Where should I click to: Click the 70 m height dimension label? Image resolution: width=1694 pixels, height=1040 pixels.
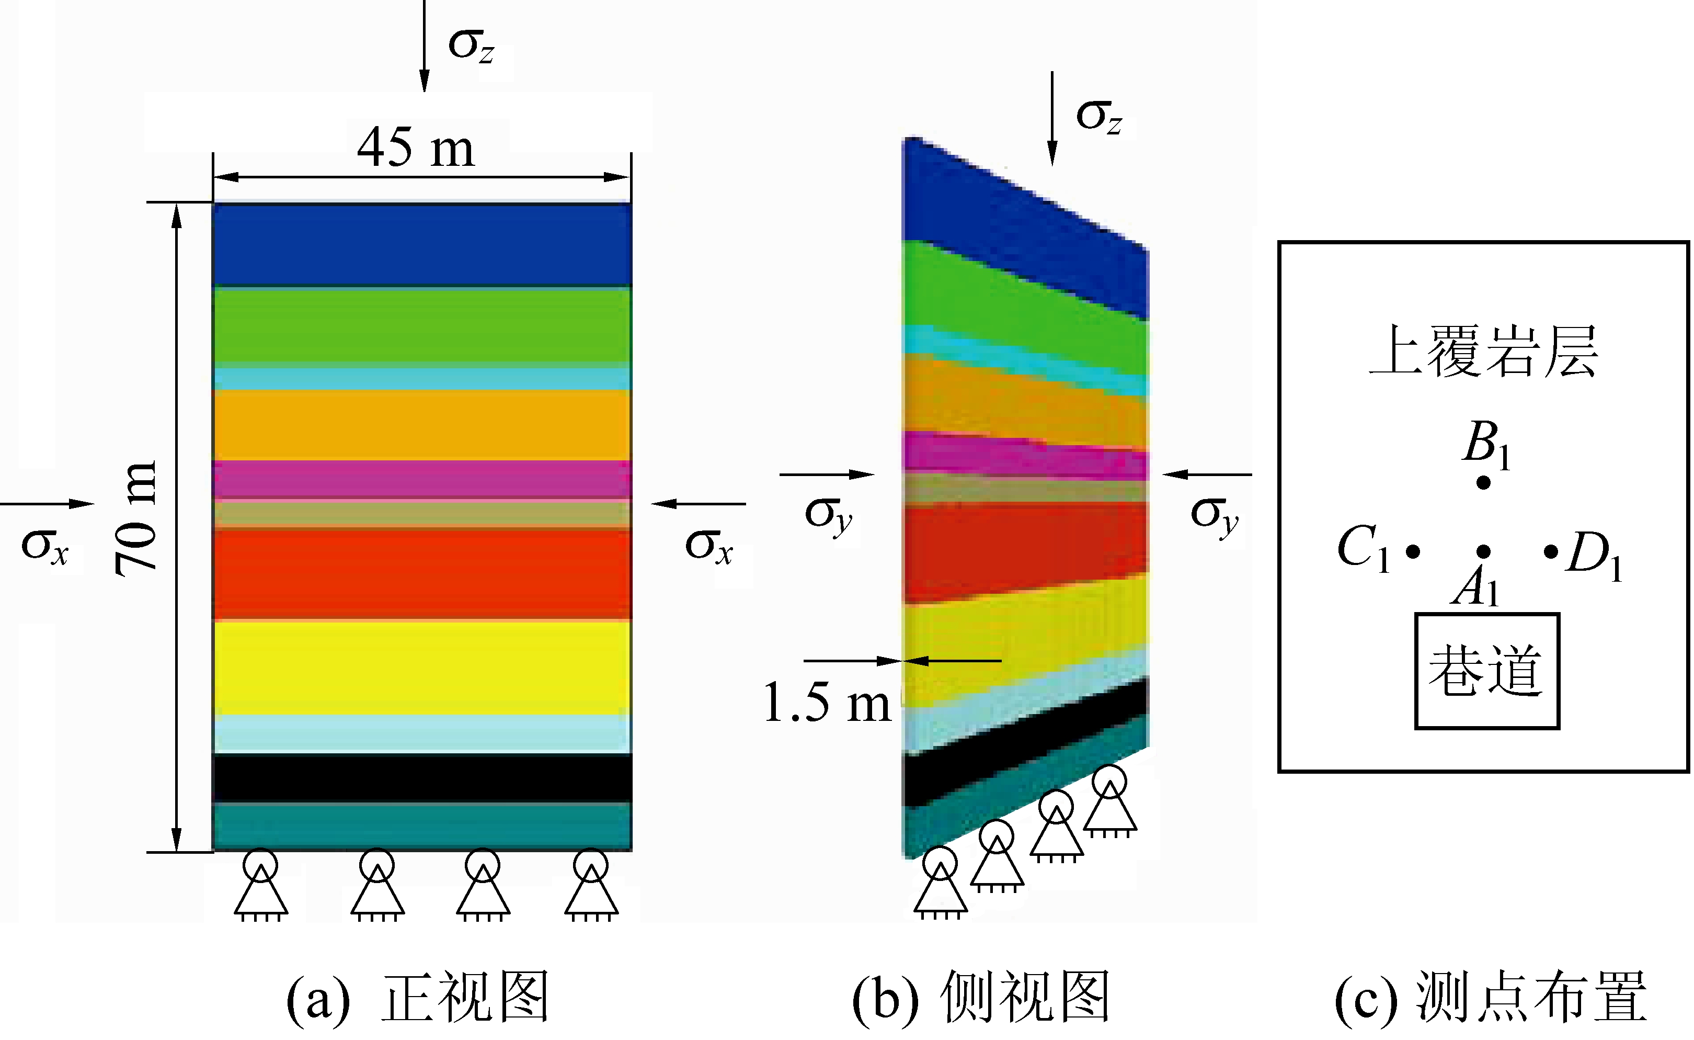(x=135, y=517)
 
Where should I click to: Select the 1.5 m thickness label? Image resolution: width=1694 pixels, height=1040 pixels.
(x=827, y=703)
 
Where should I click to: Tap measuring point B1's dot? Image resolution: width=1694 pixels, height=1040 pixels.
(x=1484, y=483)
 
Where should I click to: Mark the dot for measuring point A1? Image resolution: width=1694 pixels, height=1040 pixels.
(x=1484, y=551)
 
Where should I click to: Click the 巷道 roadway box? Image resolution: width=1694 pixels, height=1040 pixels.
(x=1486, y=671)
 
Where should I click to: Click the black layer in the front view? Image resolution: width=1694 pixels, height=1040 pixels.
(x=422, y=778)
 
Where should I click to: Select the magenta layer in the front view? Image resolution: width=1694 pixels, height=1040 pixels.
(x=422, y=479)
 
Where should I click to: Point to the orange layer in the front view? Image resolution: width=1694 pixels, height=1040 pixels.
(x=422, y=424)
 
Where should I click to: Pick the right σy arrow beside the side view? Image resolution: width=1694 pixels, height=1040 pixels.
(x=1207, y=474)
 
